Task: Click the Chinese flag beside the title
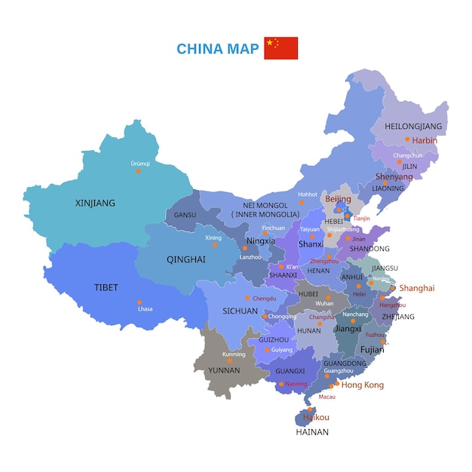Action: tap(280, 48)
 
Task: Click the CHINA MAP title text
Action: tap(216, 49)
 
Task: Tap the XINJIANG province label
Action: tap(96, 203)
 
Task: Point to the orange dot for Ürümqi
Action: tap(138, 171)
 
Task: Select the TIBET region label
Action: tap(106, 287)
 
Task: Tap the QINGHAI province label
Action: tap(185, 259)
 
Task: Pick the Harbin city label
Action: tap(424, 140)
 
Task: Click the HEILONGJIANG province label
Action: tap(412, 126)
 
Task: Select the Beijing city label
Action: tap(338, 199)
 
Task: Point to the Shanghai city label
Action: tap(417, 288)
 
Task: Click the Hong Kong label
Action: tap(363, 385)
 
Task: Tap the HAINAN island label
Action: tap(311, 433)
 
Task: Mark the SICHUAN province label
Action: tap(241, 310)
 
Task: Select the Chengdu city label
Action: tap(264, 299)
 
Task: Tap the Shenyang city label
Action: tap(394, 176)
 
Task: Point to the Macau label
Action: tap(327, 396)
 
